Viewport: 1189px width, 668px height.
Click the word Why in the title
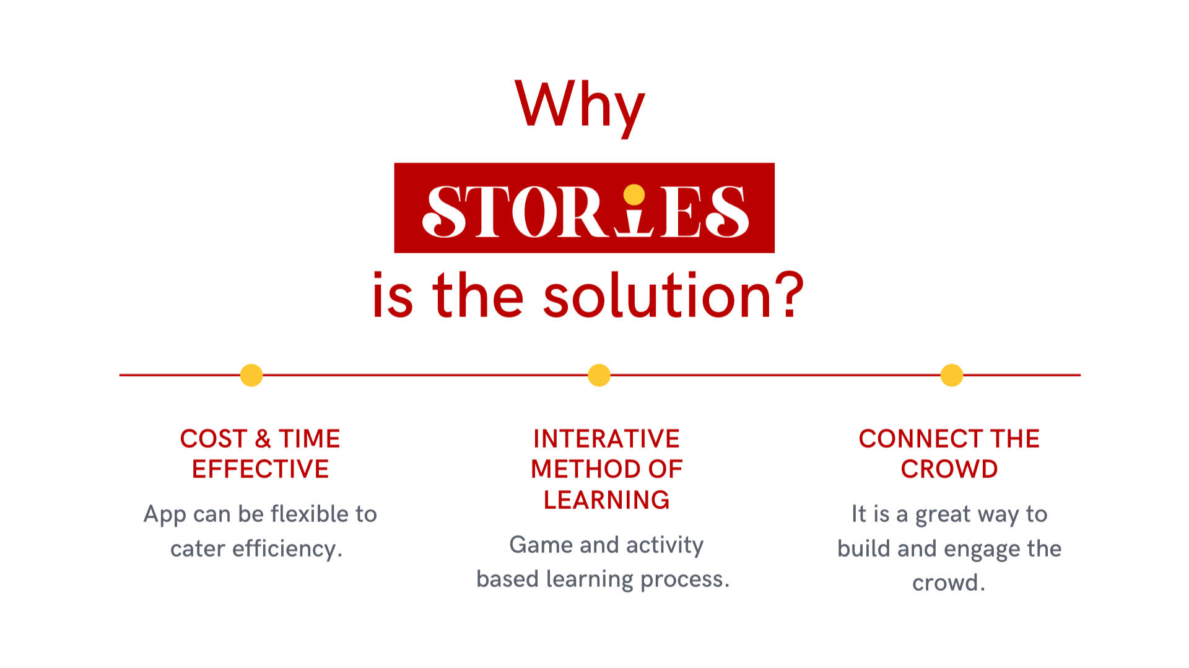tap(580, 106)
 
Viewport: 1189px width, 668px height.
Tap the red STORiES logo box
tap(584, 207)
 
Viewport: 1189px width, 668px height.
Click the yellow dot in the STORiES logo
tap(634, 194)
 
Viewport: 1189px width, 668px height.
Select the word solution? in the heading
tap(674, 296)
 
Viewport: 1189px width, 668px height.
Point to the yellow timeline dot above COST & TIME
tap(251, 375)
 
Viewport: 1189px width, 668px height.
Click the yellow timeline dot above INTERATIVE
tap(599, 375)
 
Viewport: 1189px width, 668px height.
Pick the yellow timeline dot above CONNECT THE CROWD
tap(952, 375)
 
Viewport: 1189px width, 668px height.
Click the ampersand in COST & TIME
tap(263, 439)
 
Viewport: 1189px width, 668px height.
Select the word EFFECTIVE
tap(260, 469)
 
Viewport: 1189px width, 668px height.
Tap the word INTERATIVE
tap(606, 439)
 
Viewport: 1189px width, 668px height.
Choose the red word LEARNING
tap(606, 500)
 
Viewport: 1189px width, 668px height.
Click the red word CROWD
tap(949, 469)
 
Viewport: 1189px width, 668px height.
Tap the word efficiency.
tap(287, 549)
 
